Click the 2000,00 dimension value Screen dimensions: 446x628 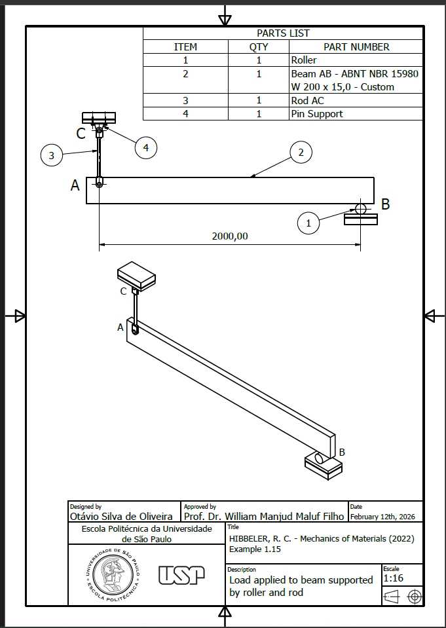click(x=230, y=236)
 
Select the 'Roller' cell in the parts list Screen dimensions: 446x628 click(x=304, y=60)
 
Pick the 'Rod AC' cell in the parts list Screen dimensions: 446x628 click(x=307, y=100)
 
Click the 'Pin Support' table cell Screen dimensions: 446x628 click(x=317, y=114)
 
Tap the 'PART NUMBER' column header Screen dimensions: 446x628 click(x=356, y=47)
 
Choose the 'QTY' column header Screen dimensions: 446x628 click(x=259, y=47)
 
